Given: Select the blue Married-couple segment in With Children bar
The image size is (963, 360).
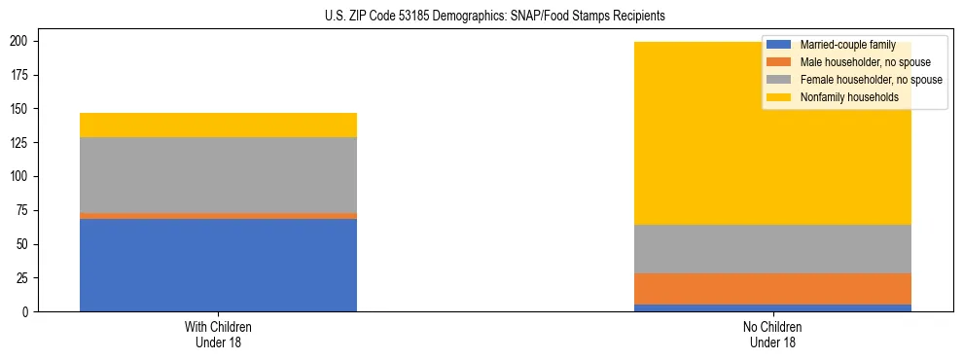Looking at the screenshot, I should [218, 265].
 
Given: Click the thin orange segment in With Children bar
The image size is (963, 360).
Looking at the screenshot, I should [218, 216].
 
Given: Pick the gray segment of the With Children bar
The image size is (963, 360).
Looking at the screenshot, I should [218, 175].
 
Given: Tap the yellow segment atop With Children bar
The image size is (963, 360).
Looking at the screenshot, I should [218, 125].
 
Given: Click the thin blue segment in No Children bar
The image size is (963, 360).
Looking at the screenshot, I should [772, 307].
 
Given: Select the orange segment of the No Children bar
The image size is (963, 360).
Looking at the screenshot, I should [772, 289].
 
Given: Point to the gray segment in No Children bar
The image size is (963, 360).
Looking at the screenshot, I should [772, 249].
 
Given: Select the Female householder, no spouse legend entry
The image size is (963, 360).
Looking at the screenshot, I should [870, 80].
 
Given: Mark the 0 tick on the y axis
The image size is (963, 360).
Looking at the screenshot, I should [29, 311].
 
